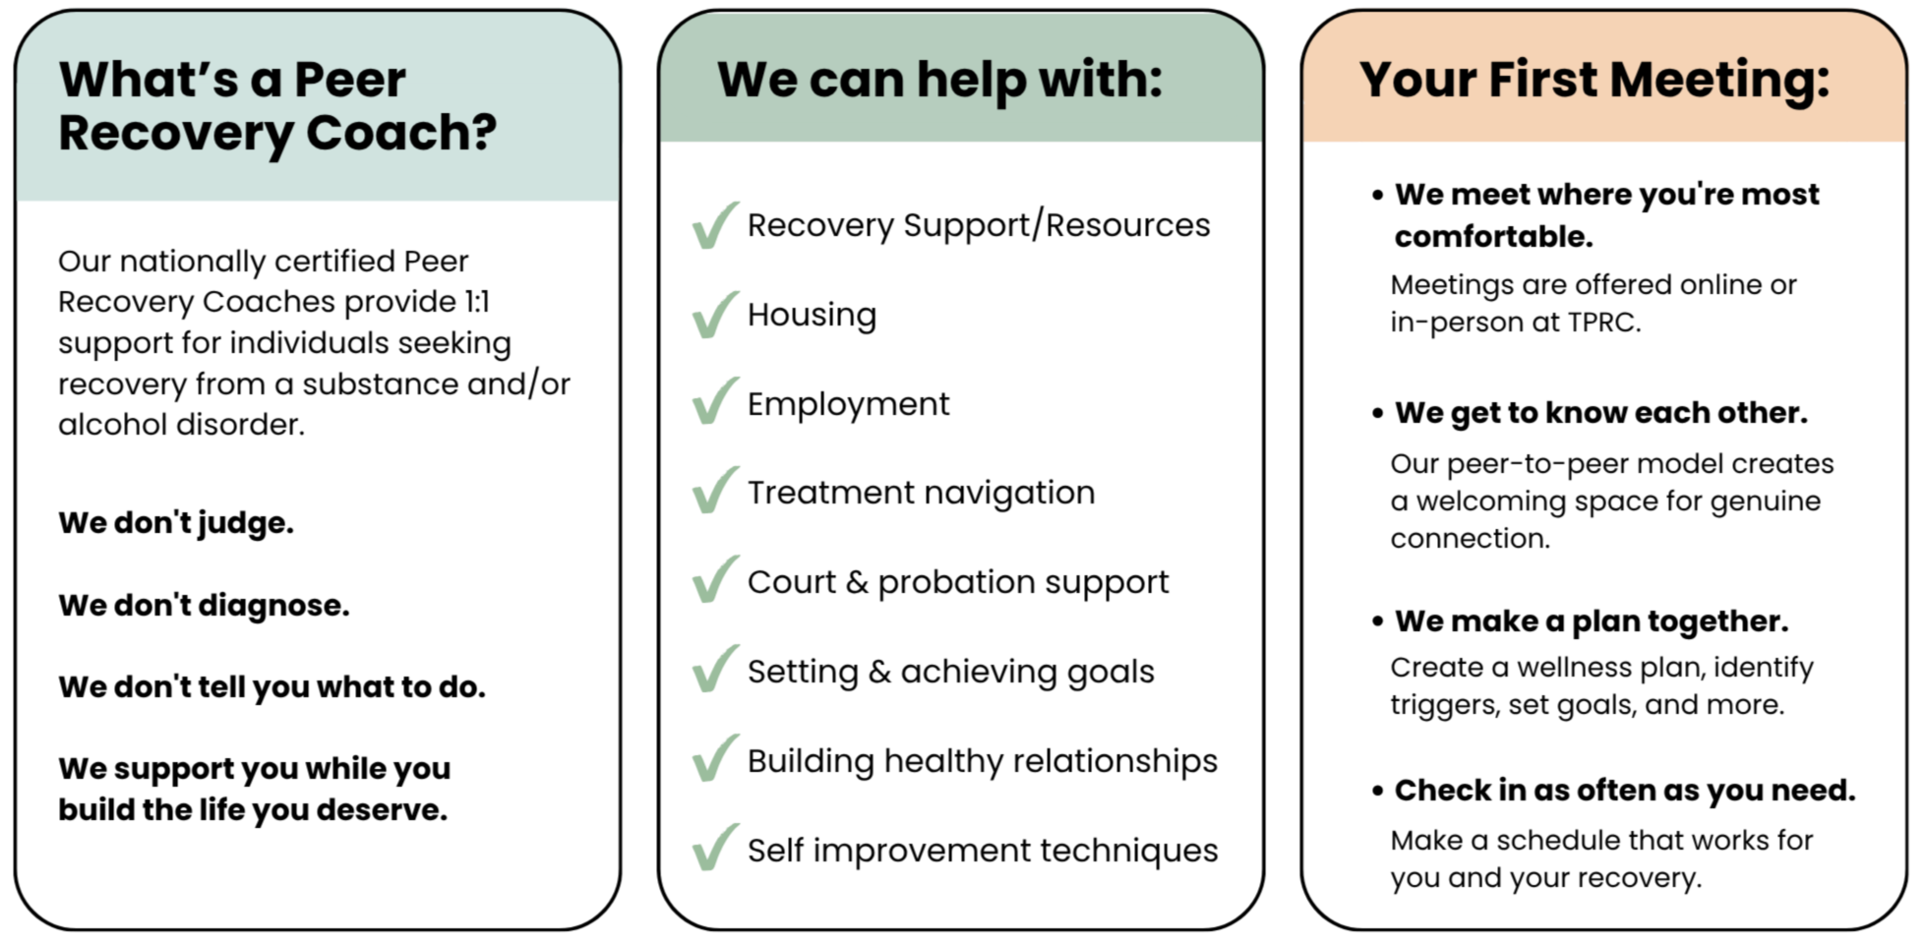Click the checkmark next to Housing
click(714, 315)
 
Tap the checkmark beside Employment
click(714, 401)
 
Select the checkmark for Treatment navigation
click(714, 490)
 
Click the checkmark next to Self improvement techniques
click(714, 848)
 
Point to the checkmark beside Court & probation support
click(714, 579)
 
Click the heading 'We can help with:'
click(939, 80)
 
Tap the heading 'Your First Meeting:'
click(1594, 80)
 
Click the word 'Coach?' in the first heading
click(401, 133)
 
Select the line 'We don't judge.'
click(176, 523)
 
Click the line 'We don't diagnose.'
click(204, 605)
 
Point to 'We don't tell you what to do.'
click(271, 686)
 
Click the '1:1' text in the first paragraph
click(476, 302)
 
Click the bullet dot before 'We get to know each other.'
click(1378, 413)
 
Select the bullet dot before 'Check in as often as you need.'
click(1378, 791)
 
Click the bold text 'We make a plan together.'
click(1591, 621)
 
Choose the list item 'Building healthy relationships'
click(982, 761)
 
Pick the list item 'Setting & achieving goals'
click(950, 673)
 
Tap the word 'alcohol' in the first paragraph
click(112, 424)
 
